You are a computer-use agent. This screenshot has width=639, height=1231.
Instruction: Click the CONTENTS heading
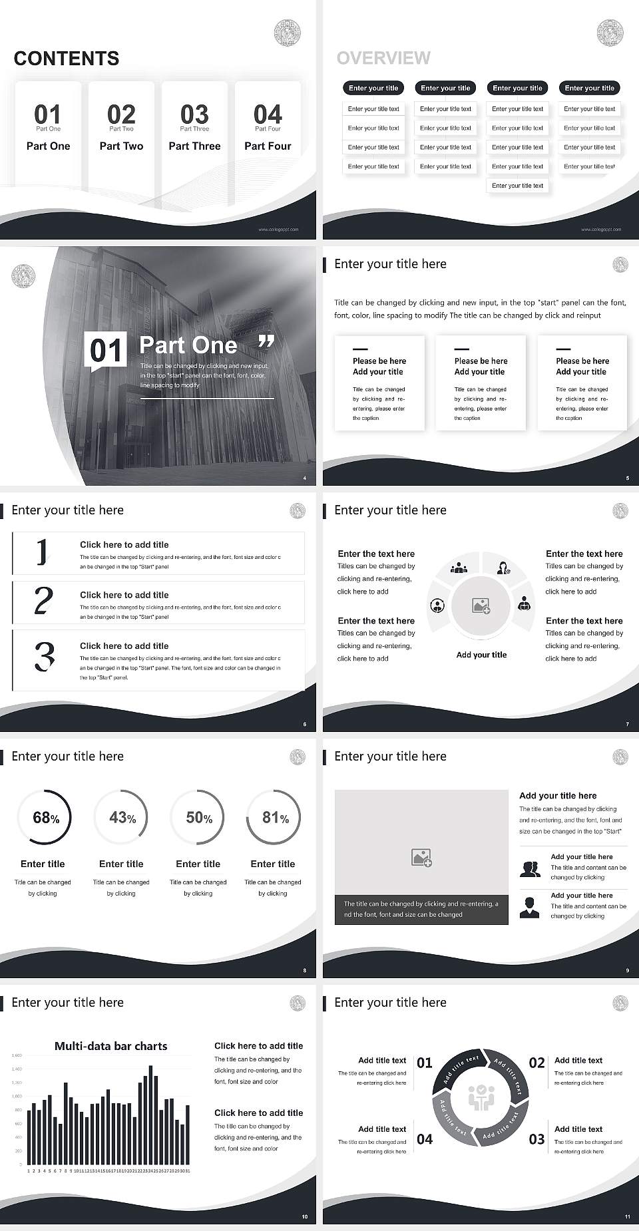tap(66, 59)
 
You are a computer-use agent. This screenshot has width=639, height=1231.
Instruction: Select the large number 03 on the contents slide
tap(194, 114)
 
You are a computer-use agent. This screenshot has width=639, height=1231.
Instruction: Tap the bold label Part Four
tap(268, 146)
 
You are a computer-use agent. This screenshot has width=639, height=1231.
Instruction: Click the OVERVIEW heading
tap(383, 59)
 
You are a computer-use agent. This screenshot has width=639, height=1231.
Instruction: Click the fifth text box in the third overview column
tap(517, 186)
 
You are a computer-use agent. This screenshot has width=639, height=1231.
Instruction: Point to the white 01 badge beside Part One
tap(106, 350)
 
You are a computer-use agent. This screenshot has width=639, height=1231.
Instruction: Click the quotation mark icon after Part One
tap(266, 343)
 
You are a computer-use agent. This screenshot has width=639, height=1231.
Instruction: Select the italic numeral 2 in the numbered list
tap(43, 600)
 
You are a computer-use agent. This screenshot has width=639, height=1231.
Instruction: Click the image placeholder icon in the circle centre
tap(481, 606)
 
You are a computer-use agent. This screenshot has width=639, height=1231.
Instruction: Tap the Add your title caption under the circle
tap(481, 655)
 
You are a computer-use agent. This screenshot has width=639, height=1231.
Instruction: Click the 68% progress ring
tap(44, 817)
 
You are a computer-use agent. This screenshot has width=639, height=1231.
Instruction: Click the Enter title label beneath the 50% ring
tap(198, 864)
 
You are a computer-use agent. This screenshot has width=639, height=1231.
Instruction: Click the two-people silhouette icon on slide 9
tap(530, 869)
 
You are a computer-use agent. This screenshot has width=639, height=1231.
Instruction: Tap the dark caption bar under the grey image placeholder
tap(421, 909)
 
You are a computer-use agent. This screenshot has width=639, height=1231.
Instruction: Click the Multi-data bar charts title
tap(110, 1046)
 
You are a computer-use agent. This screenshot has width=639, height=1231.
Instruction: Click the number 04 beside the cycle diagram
tap(425, 1139)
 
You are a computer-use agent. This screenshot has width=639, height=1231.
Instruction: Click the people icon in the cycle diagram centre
tap(481, 1098)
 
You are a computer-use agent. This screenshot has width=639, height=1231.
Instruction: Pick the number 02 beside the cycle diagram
tap(536, 1063)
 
